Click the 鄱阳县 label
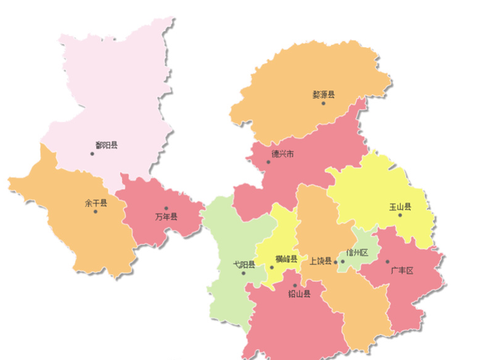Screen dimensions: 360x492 (106, 145)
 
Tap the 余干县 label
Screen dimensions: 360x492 (96, 203)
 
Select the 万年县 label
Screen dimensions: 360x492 (166, 216)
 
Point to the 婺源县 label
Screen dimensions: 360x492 (323, 95)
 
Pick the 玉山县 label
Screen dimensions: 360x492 (400, 206)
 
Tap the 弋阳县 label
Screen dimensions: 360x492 (244, 264)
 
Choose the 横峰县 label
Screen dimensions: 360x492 (286, 259)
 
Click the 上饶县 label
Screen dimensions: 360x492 (321, 261)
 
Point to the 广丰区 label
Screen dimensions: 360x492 (402, 270)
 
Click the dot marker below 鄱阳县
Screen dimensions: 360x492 (93, 154)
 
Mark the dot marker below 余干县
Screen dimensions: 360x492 (96, 211)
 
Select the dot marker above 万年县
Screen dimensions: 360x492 (166, 208)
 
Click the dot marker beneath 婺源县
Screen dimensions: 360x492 (323, 103)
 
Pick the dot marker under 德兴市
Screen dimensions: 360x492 (269, 162)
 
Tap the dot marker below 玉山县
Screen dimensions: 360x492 (400, 215)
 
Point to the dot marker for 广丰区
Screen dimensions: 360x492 (387, 262)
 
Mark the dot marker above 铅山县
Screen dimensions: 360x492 (295, 286)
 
